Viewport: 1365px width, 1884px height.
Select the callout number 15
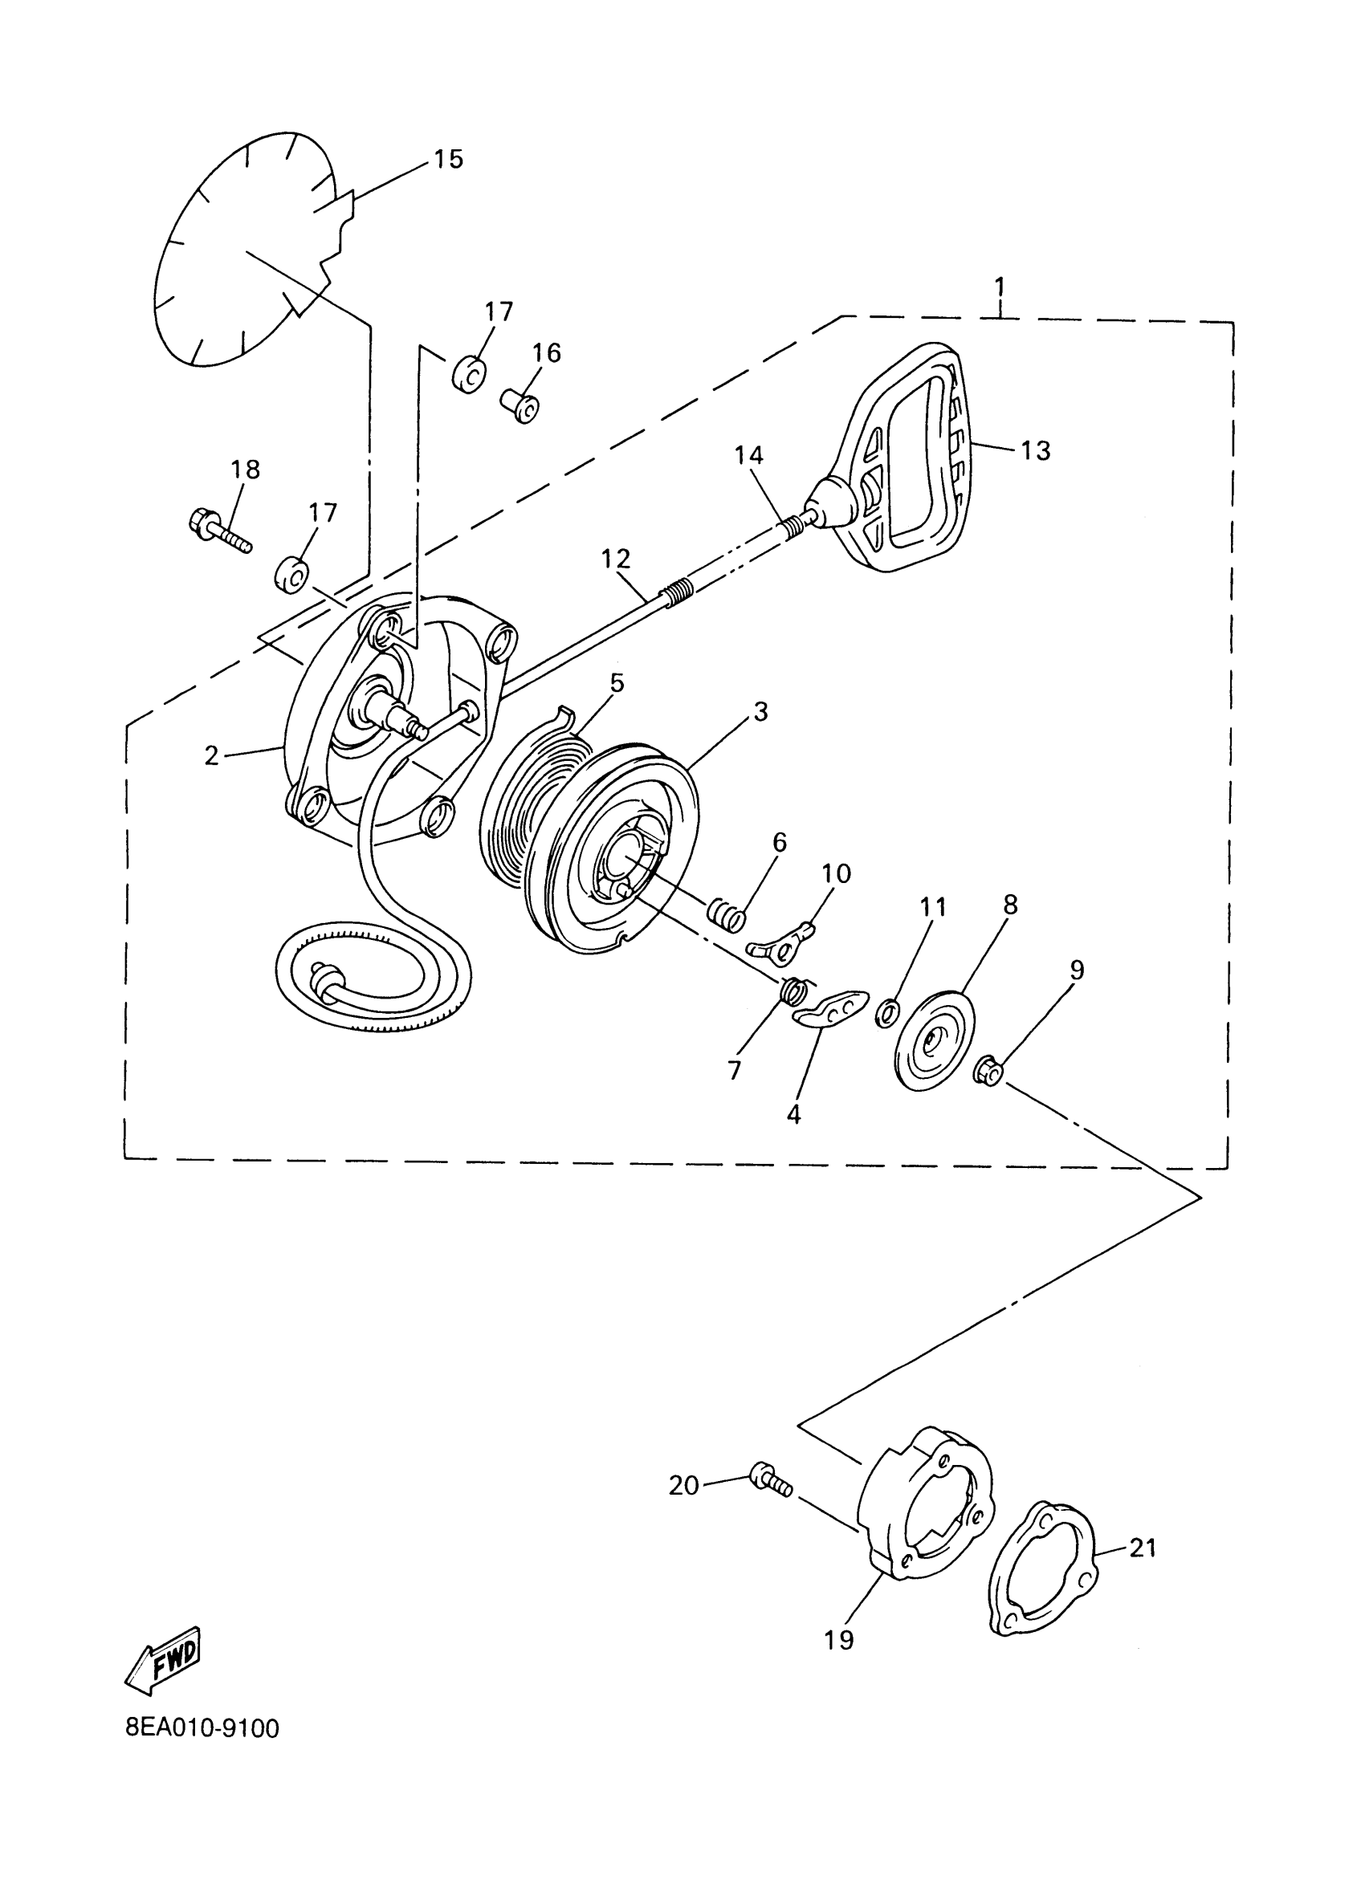coord(448,159)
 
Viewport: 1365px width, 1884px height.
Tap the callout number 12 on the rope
coord(616,558)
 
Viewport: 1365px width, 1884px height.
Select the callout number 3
coord(760,711)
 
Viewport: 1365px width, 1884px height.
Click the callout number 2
coord(211,755)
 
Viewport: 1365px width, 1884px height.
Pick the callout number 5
coord(616,683)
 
